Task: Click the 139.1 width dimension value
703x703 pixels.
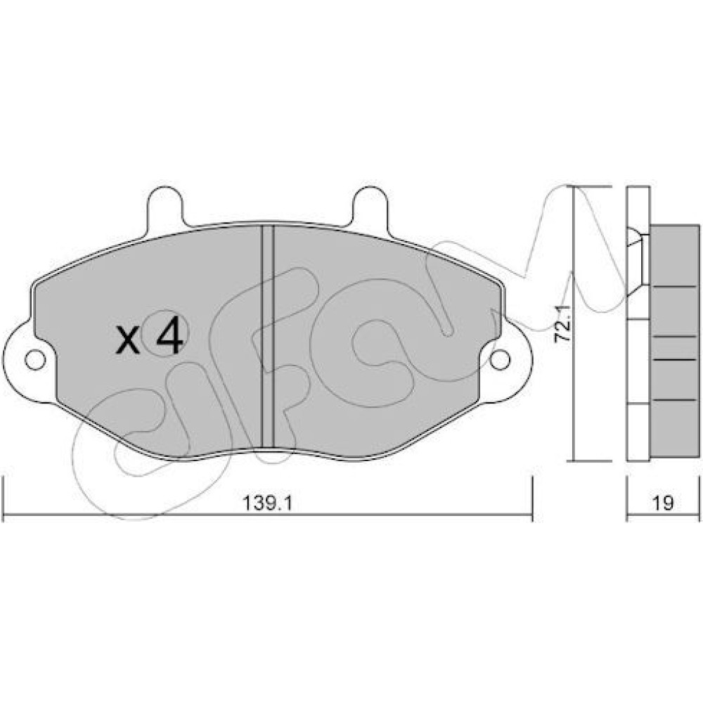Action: (x=267, y=503)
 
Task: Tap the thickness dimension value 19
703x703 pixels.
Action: (x=663, y=503)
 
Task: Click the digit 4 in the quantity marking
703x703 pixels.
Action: (x=169, y=336)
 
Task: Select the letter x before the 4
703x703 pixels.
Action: (x=128, y=340)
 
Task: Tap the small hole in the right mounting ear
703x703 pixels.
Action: (x=500, y=359)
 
